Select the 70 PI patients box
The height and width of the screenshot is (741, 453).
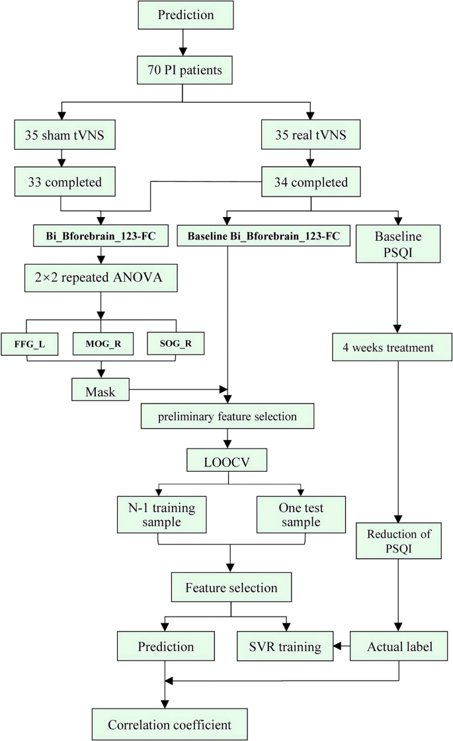182,69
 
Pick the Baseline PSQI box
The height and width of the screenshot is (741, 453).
398,242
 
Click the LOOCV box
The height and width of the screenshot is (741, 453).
228,459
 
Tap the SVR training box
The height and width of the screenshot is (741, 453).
285,647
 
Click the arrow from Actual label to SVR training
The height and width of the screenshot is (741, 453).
341,647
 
